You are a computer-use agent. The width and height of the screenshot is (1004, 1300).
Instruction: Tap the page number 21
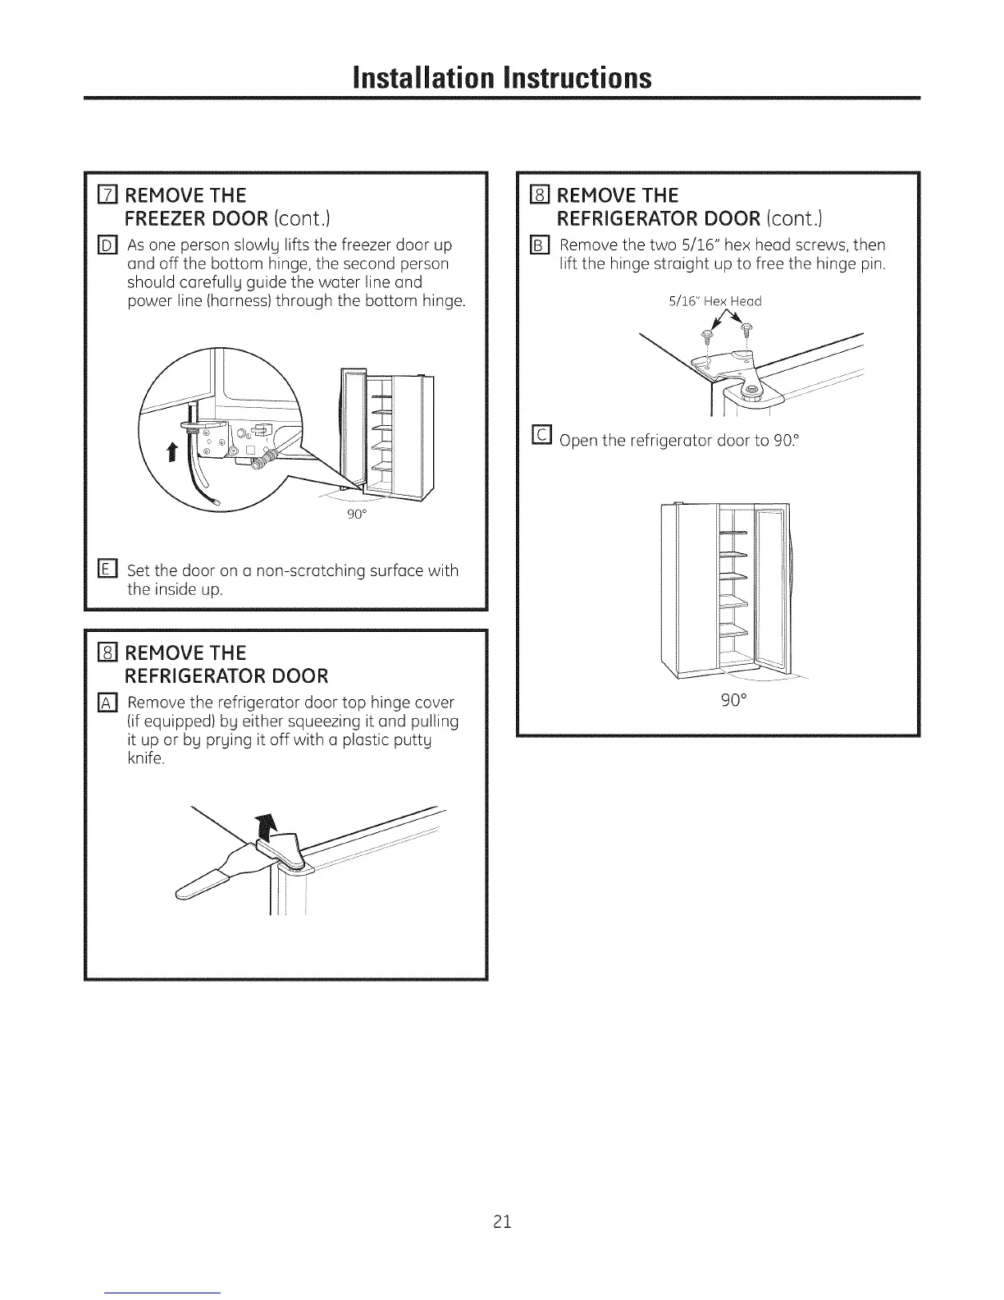(x=502, y=1221)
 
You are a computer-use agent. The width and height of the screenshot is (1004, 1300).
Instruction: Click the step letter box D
(x=106, y=245)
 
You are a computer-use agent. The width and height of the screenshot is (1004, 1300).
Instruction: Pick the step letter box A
(x=106, y=703)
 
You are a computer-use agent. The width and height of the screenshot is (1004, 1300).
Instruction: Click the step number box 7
(x=106, y=195)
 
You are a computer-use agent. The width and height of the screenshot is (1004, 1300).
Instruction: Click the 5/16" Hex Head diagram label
(x=715, y=301)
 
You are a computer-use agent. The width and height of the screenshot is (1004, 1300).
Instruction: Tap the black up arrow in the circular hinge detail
(x=172, y=452)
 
